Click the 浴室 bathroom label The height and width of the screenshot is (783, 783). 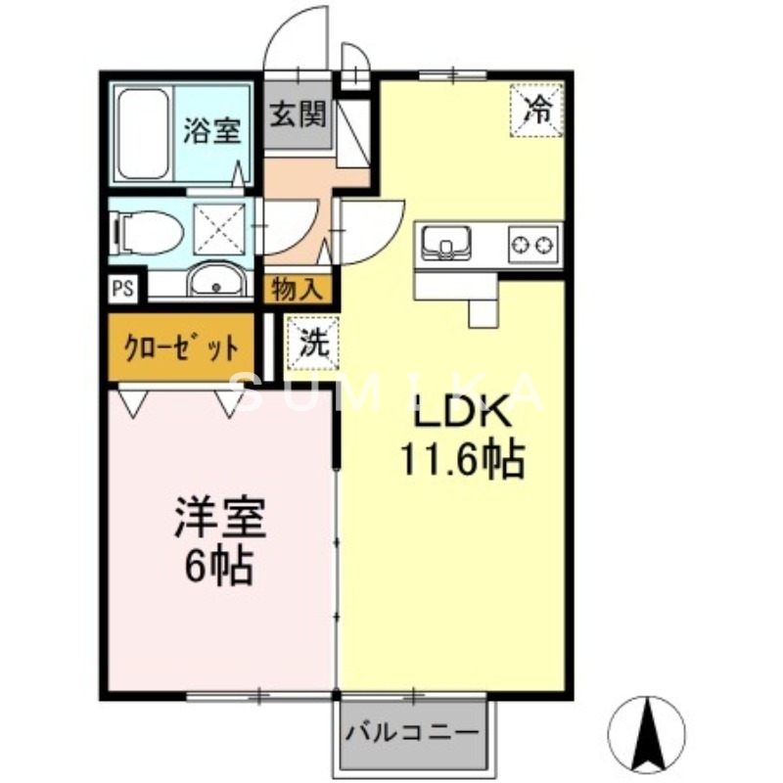tap(210, 132)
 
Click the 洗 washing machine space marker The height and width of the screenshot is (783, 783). tap(311, 344)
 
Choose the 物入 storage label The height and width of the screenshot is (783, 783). tap(297, 290)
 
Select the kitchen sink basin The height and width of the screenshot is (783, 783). tap(445, 241)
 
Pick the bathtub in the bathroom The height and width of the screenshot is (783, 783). tap(143, 134)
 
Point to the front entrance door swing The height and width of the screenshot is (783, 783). tap(299, 39)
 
